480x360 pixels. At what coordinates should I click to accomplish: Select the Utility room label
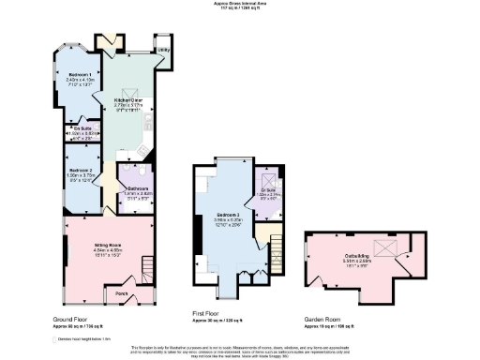(x=162, y=49)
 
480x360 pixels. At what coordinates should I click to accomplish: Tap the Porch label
(x=121, y=292)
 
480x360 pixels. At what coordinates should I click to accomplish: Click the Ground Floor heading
(x=70, y=319)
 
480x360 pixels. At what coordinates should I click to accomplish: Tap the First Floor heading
(x=207, y=319)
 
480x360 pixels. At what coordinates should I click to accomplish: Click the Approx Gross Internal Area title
(x=239, y=4)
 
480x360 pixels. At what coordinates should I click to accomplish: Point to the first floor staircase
(x=275, y=249)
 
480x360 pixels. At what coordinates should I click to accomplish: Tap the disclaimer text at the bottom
(x=240, y=350)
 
